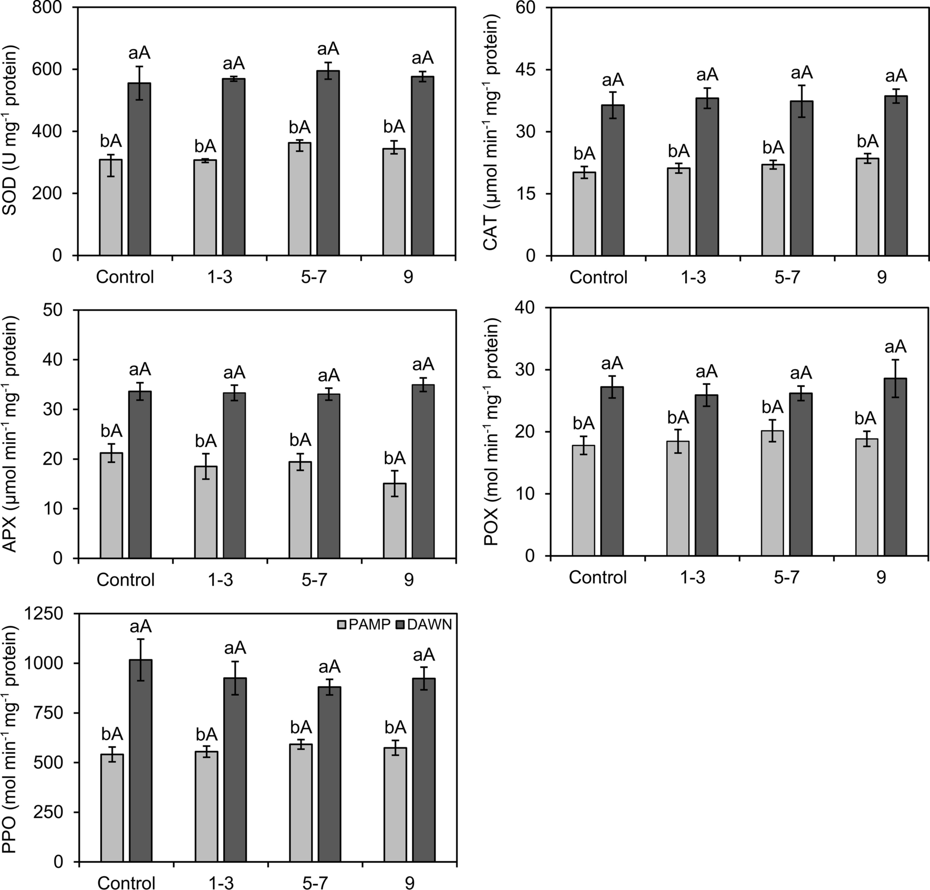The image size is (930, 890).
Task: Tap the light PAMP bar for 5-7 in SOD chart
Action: pyautogui.click(x=299, y=200)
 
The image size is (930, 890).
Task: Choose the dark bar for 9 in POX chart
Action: pyautogui.click(x=895, y=467)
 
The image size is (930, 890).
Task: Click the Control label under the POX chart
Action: pyautogui.click(x=598, y=578)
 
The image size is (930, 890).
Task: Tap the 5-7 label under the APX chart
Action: pyautogui.click(x=314, y=580)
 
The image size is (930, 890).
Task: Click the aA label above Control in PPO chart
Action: pyautogui.click(x=140, y=626)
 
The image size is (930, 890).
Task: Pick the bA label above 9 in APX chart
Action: pyautogui.click(x=395, y=458)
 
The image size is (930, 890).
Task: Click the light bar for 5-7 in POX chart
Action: pyautogui.click(x=772, y=493)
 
